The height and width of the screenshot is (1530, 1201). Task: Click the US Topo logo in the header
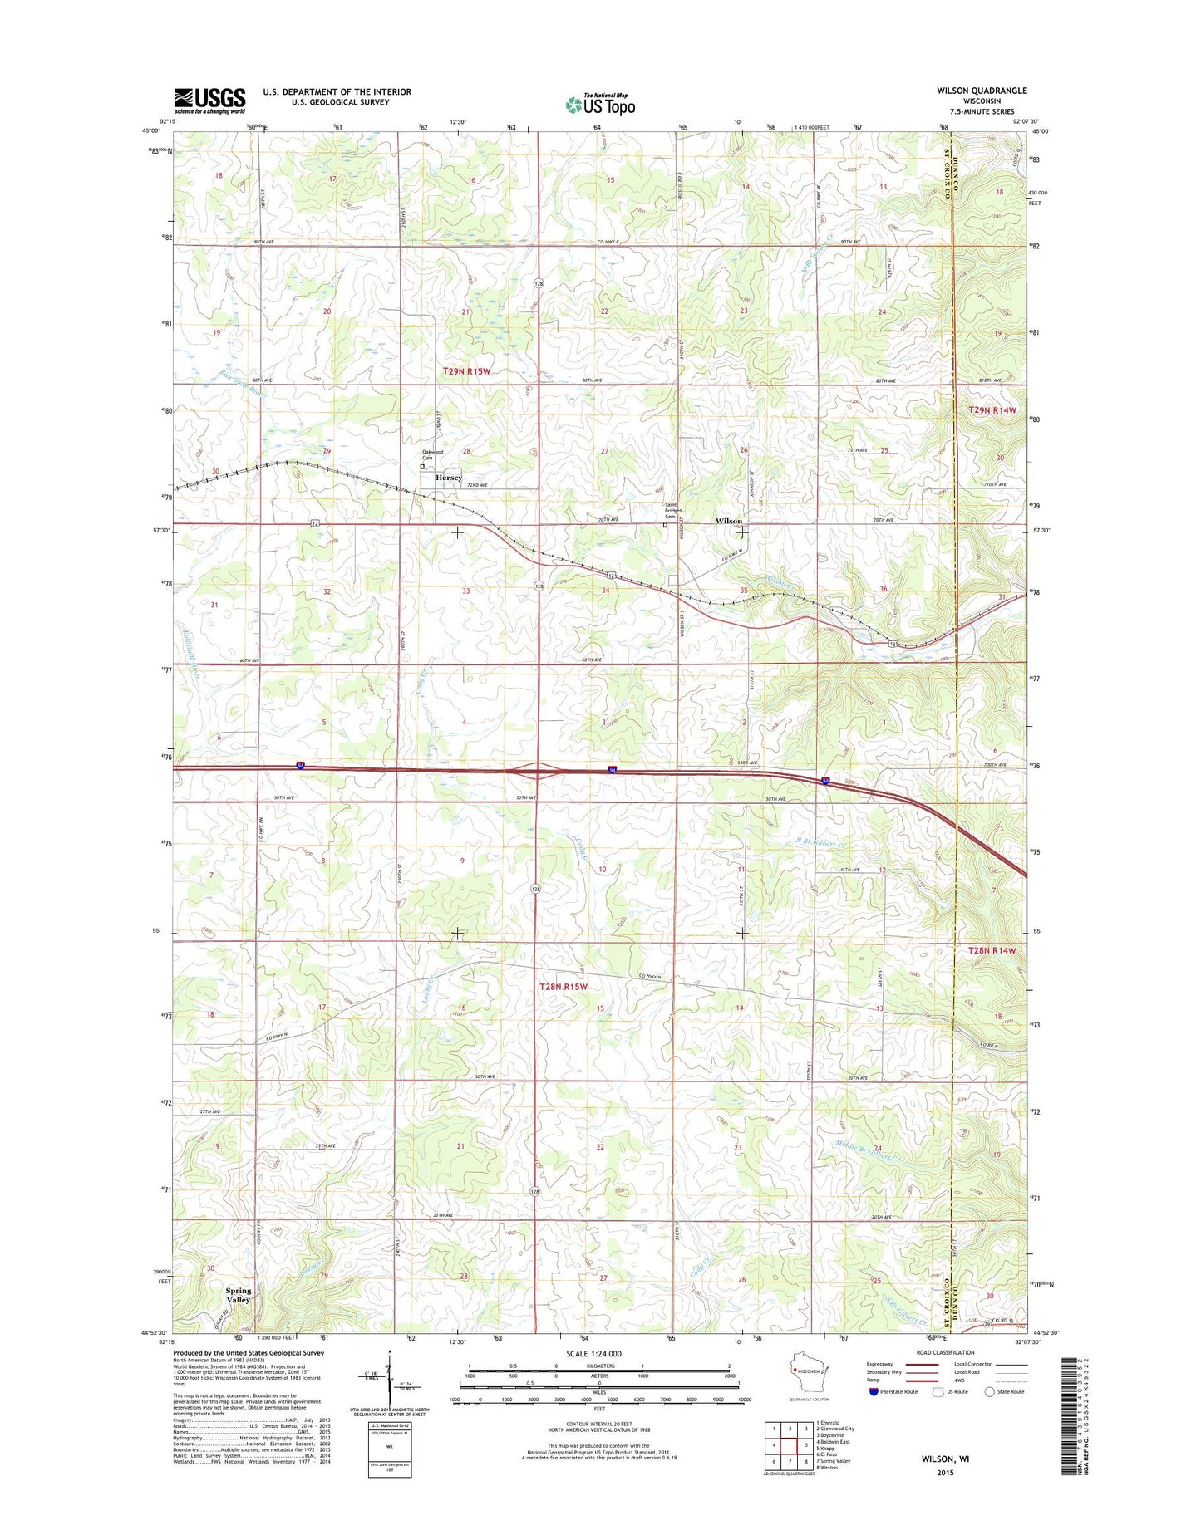pos(600,104)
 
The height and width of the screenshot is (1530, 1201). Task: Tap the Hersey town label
pos(449,478)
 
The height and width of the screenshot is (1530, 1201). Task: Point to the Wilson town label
pos(729,521)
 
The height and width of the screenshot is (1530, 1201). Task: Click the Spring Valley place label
pos(239,1295)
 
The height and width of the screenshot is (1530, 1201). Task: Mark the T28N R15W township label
pos(564,986)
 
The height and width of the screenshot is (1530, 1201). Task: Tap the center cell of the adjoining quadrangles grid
pos(790,1445)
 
